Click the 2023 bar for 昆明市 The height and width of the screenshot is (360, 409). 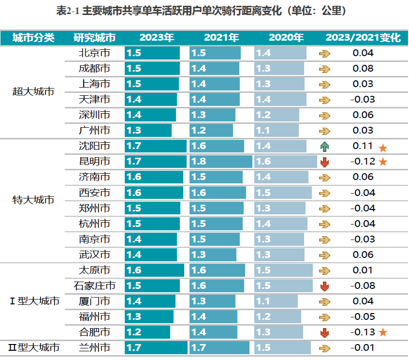coord(155,162)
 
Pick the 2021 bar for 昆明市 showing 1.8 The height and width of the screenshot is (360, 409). coord(220,162)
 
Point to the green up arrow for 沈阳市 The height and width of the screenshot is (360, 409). coord(324,146)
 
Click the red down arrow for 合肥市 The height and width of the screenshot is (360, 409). coord(324,332)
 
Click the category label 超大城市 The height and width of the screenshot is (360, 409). coord(33,91)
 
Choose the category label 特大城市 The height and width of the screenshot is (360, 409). coord(33,200)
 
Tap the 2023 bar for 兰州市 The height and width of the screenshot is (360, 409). coord(156,348)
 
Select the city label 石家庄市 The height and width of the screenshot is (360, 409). coord(94,286)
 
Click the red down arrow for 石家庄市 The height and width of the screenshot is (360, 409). coord(324,286)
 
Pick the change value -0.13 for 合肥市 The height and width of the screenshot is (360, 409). coord(363,332)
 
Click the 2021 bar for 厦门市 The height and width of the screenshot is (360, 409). coord(212,301)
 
